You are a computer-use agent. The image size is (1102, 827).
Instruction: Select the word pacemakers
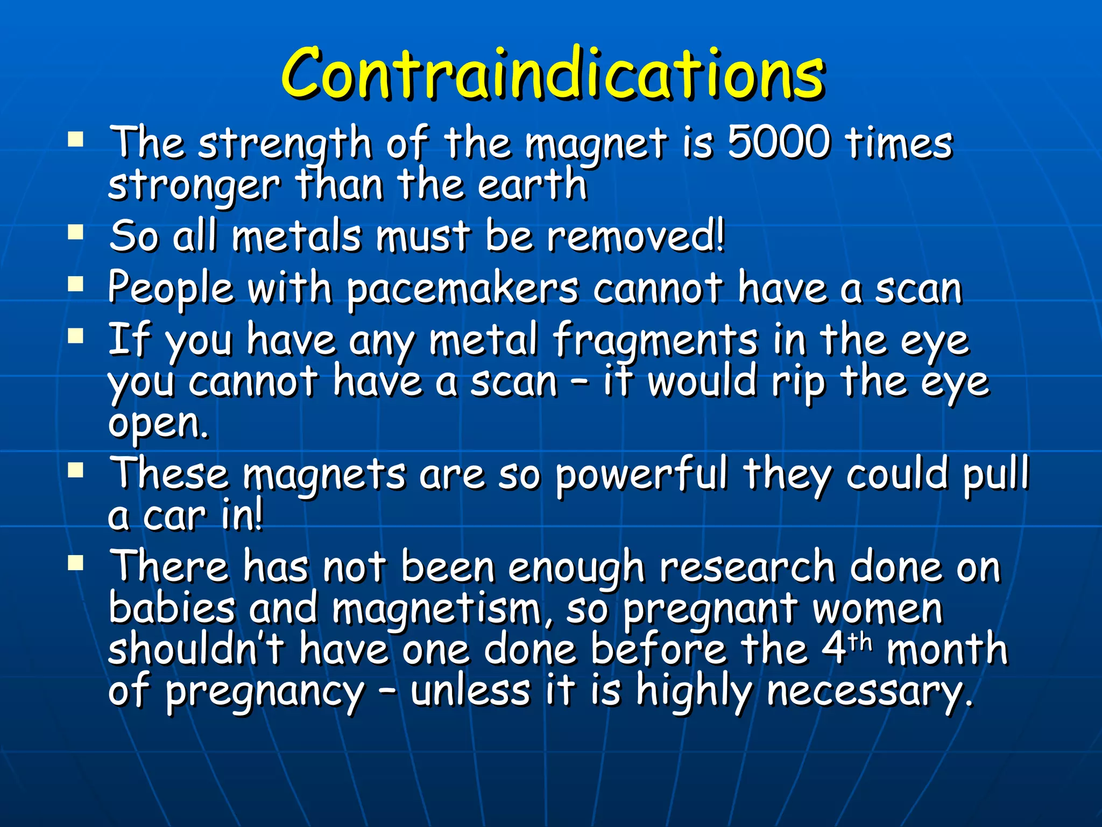462,289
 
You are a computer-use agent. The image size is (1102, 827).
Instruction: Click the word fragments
655,340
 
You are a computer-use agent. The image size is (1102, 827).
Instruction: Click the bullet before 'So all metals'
76,233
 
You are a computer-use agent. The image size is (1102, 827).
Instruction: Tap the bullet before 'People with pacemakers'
76,284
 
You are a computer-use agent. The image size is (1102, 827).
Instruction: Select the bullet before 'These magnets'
76,471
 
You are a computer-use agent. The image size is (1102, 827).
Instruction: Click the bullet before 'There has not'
76,563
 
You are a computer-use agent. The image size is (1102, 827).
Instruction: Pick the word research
747,567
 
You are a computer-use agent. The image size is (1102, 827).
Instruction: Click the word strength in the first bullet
285,144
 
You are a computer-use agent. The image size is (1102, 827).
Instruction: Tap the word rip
798,382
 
